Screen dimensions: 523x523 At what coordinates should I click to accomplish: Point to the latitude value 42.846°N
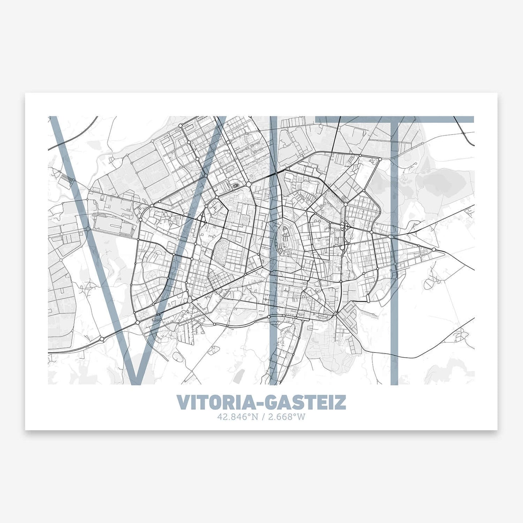click(x=237, y=417)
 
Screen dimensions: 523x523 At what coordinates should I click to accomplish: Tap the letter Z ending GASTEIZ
click(x=340, y=402)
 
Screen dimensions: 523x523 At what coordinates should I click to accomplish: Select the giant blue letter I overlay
click(x=274, y=250)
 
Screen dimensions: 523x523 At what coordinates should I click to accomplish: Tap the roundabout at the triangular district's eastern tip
click(x=434, y=249)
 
